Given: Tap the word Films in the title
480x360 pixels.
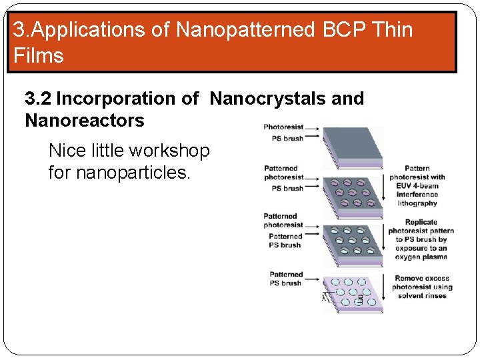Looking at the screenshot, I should pos(38,55).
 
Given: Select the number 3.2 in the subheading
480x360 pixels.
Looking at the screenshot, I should pos(38,99).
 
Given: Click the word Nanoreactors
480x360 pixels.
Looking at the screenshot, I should pos(84,121).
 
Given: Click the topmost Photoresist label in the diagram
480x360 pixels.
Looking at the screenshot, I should pos(283,127).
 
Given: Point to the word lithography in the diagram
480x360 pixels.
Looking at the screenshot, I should pos(417,203).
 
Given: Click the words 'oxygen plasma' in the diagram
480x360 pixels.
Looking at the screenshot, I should pos(421,257).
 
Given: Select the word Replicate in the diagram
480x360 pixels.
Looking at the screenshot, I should pos(421,222).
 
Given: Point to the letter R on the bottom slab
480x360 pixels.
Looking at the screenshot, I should pos(359,298).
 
